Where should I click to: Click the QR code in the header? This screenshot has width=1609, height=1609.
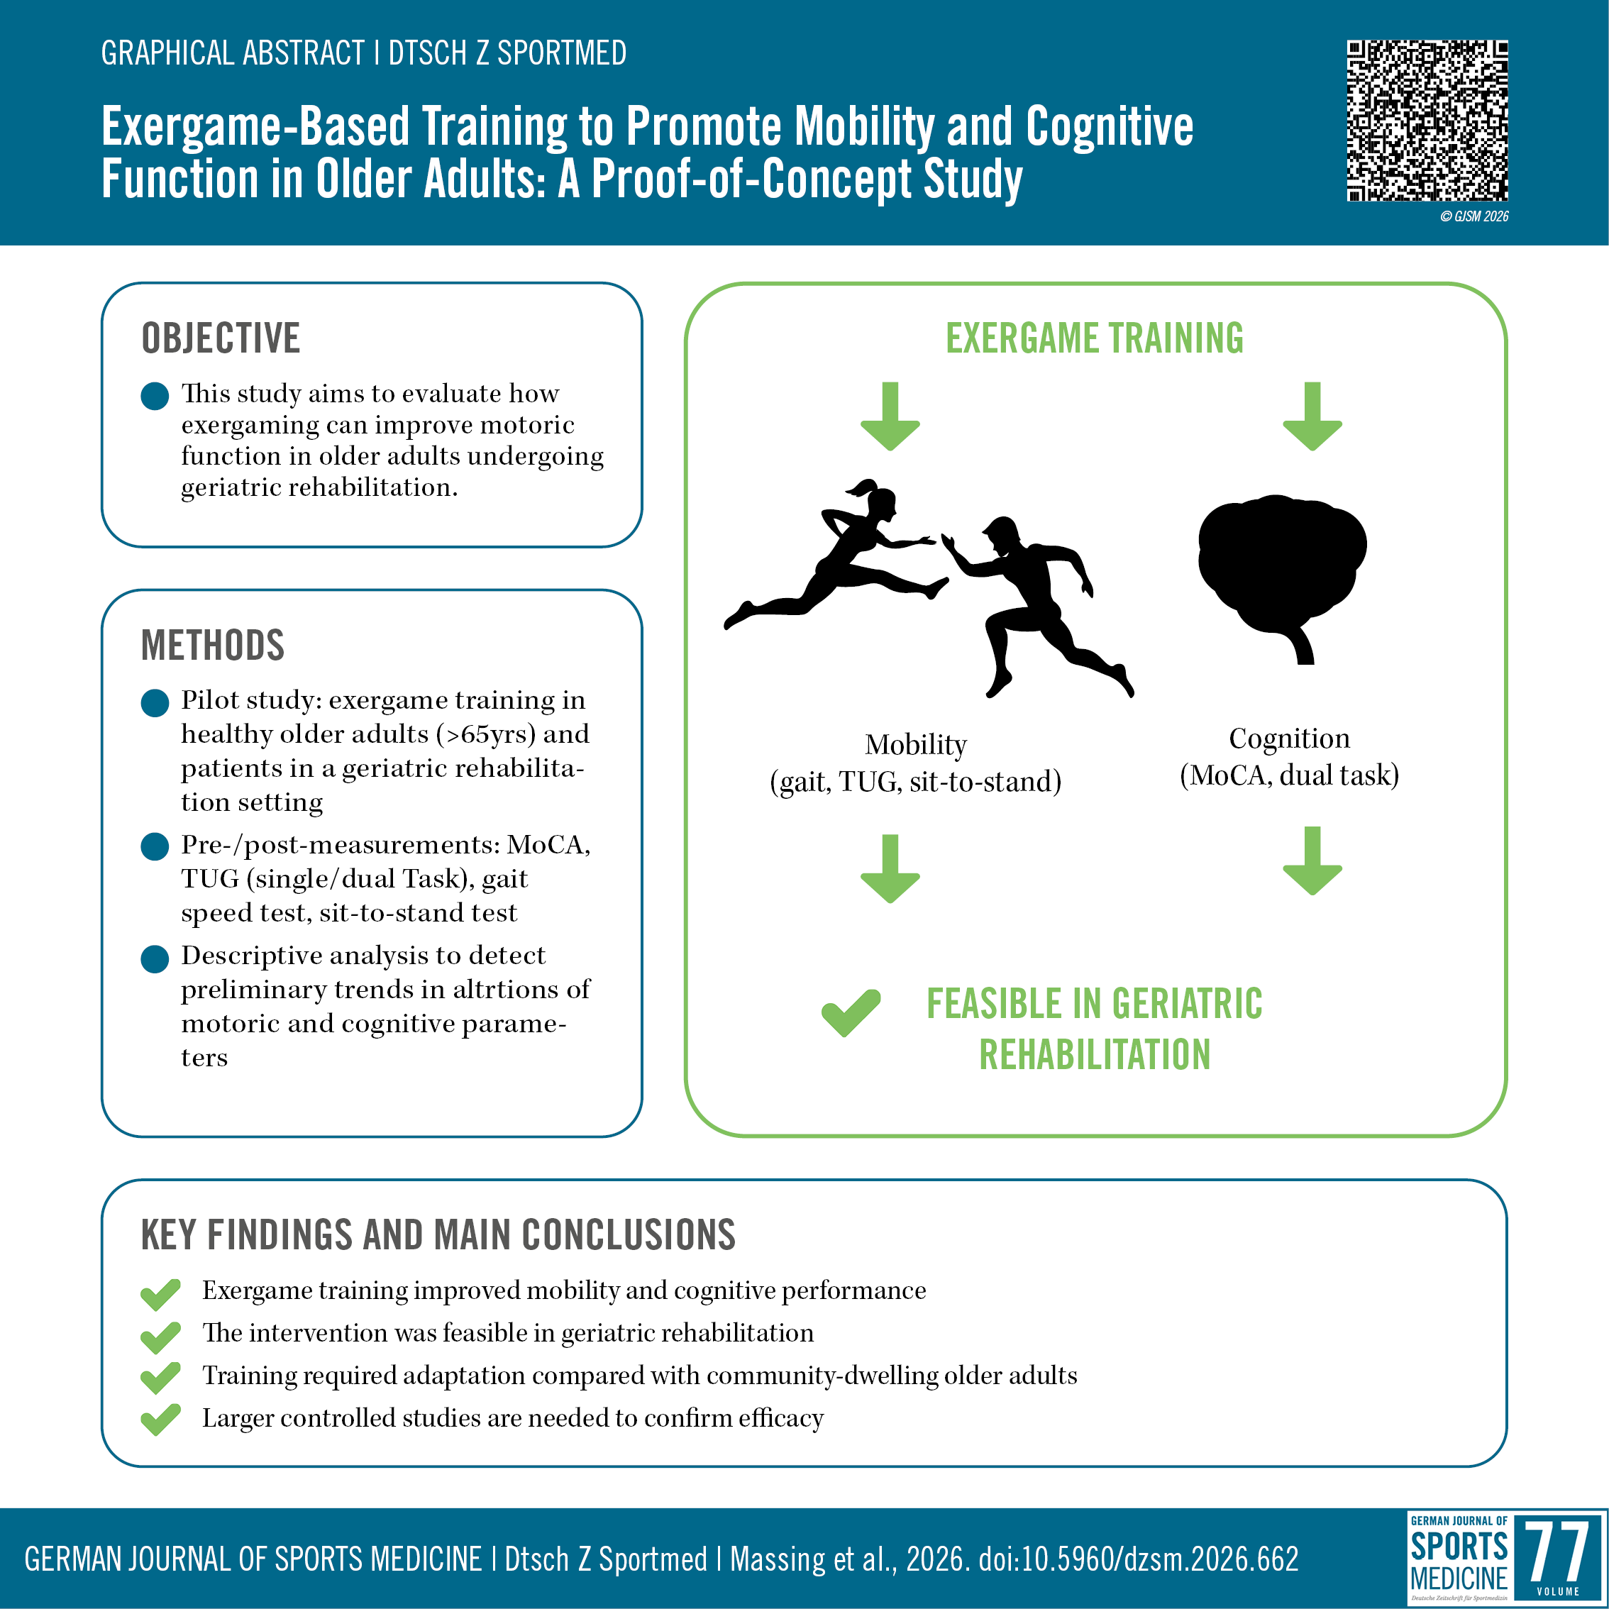(x=1427, y=121)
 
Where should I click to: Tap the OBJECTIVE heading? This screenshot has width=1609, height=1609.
(x=221, y=338)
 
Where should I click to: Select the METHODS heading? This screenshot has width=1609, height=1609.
(x=214, y=646)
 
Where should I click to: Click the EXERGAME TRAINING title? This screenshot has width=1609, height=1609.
(x=1095, y=338)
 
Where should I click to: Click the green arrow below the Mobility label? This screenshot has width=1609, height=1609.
(x=890, y=868)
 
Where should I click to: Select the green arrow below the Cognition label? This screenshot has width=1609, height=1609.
(x=1312, y=861)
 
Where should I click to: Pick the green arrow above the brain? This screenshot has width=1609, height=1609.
(x=1312, y=416)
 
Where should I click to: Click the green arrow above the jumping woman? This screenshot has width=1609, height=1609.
(x=890, y=416)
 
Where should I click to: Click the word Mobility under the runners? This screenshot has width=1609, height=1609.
(x=916, y=744)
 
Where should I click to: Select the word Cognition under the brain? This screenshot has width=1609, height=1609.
(x=1289, y=738)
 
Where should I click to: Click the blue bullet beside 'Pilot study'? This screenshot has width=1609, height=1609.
(x=155, y=703)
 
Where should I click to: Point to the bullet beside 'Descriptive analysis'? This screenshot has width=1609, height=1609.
(x=155, y=958)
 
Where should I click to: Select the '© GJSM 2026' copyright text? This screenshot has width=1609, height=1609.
(x=1474, y=216)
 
